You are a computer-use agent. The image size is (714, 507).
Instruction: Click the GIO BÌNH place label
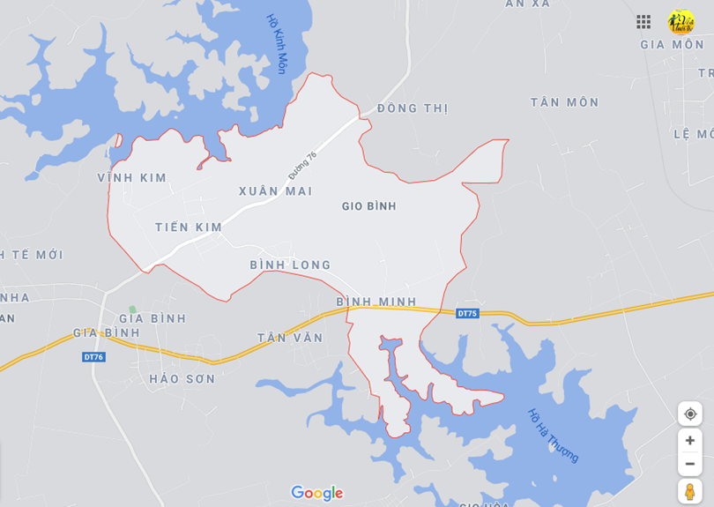tap(369, 206)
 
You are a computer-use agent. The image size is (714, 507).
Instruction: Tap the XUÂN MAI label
tap(275, 191)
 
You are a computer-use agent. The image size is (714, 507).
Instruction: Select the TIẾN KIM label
tap(189, 227)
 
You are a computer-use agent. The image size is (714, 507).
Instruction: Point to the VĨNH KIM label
tap(132, 178)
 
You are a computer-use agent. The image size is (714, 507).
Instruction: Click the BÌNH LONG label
tap(290, 265)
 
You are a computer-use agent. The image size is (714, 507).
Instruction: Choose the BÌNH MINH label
tap(376, 302)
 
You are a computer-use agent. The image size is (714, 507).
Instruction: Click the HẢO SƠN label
tap(182, 379)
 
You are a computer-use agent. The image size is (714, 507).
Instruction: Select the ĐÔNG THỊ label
tap(413, 108)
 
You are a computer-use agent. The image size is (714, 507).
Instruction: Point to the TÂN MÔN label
tap(564, 102)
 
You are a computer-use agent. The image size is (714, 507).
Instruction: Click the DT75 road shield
tap(467, 313)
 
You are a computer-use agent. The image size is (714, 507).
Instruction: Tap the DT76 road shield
tap(93, 356)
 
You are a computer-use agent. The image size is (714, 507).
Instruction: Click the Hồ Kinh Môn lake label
tap(278, 43)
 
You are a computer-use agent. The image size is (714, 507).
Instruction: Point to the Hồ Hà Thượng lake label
tap(554, 435)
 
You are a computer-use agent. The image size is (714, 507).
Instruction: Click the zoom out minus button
tap(689, 464)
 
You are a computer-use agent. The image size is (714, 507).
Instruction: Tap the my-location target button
tap(689, 414)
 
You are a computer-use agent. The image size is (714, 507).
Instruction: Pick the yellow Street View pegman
tap(689, 491)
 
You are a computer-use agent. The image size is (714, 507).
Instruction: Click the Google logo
tap(317, 494)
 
